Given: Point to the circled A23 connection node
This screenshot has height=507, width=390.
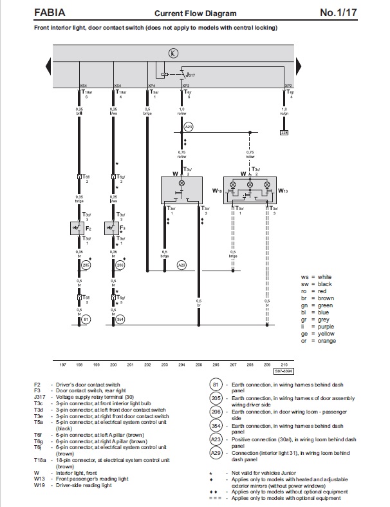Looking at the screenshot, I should coord(189,127).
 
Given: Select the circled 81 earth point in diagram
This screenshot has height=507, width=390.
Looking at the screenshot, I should coord(86,319).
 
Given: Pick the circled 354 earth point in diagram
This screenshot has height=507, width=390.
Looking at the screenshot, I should coord(120,319).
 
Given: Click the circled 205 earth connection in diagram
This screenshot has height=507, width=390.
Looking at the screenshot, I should coord(86,265).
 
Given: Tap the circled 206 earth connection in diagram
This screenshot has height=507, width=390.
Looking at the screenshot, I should coord(120,265).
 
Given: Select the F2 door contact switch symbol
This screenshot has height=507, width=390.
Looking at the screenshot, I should coord(79,228).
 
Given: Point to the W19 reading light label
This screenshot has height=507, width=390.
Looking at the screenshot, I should coord(217,191).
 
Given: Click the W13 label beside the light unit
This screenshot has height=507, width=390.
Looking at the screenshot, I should coord(283,191).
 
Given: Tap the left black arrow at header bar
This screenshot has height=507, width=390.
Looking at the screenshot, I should coord(49,66).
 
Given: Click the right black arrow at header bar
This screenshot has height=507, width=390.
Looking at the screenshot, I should coord(300,66).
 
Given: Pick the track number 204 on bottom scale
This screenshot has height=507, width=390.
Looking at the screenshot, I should coord(181,364).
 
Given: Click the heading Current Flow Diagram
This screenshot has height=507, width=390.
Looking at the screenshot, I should coord(195,13).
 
